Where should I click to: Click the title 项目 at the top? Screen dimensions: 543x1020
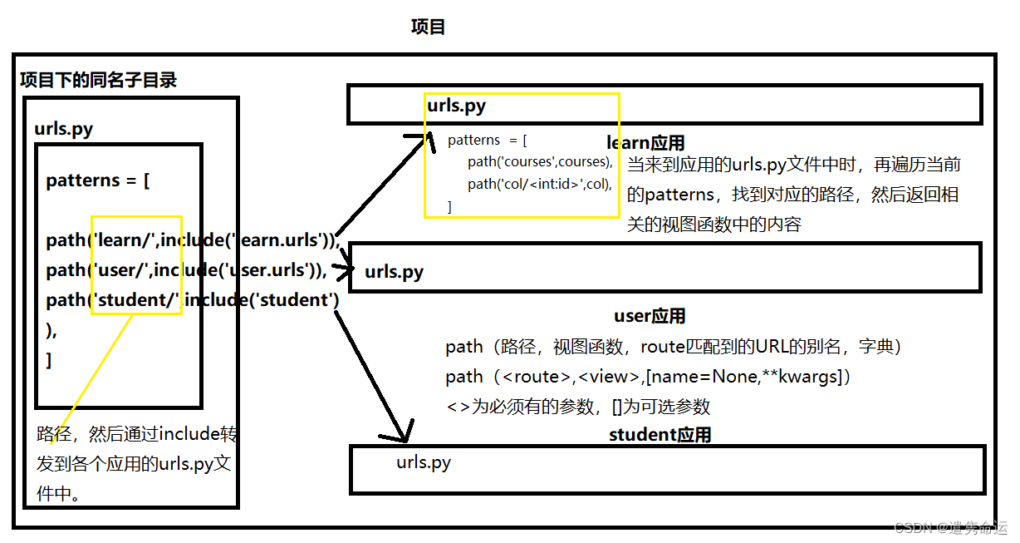(x=429, y=27)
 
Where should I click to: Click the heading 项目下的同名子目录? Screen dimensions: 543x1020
(x=98, y=81)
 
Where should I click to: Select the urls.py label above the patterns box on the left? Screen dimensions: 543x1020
(x=63, y=129)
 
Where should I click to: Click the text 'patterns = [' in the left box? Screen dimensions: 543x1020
(x=98, y=180)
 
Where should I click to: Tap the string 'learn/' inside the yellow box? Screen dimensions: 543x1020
(x=125, y=240)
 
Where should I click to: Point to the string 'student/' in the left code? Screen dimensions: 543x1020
(x=136, y=299)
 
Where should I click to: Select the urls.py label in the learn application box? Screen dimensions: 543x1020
(x=456, y=106)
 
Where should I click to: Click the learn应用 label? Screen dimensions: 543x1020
(x=645, y=143)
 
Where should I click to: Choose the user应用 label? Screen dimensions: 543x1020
(x=650, y=316)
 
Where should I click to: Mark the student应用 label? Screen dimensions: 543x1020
(x=660, y=435)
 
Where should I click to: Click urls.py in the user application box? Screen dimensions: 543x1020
(x=394, y=271)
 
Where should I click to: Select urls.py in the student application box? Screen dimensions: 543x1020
(x=424, y=462)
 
